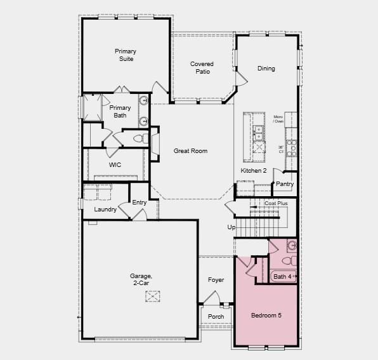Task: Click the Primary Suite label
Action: [x=126, y=55]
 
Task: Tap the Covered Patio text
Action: [x=202, y=68]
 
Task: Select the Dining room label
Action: [x=266, y=69]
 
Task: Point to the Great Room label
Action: [x=191, y=151]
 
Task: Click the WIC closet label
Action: [x=115, y=165]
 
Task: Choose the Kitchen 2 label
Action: [x=254, y=171]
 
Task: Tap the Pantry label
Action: [x=285, y=184]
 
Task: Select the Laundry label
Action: [x=105, y=210]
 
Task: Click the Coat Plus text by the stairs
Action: [x=276, y=203]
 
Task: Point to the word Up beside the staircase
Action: [x=231, y=227]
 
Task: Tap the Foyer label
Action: [x=216, y=280]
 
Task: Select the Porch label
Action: [x=216, y=317]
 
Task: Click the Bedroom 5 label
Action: [x=266, y=316]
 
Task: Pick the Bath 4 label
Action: [x=282, y=276]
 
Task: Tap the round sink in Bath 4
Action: [x=291, y=245]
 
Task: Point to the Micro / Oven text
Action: [x=278, y=119]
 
